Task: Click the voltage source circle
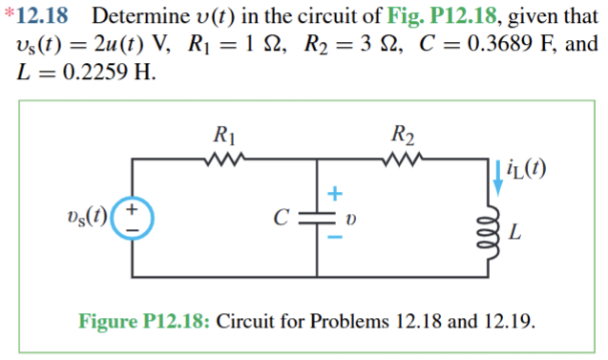tap(133, 218)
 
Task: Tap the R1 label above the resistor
tap(226, 134)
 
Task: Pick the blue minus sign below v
tap(334, 245)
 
